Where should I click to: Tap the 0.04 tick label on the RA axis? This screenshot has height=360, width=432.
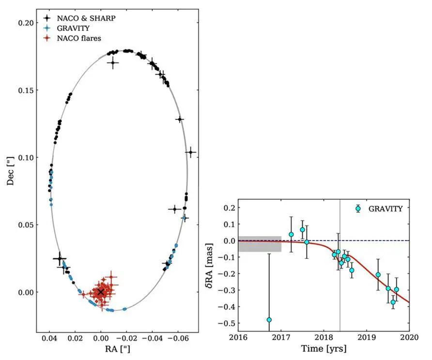click(x=49, y=341)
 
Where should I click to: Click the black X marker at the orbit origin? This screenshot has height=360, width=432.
click(x=101, y=292)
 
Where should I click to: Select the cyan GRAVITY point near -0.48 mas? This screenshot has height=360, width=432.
click(x=269, y=320)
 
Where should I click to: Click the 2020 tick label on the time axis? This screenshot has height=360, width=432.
click(x=410, y=336)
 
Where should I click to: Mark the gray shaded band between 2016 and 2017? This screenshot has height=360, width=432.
click(x=260, y=244)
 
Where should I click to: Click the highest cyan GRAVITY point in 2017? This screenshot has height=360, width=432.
click(x=302, y=230)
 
